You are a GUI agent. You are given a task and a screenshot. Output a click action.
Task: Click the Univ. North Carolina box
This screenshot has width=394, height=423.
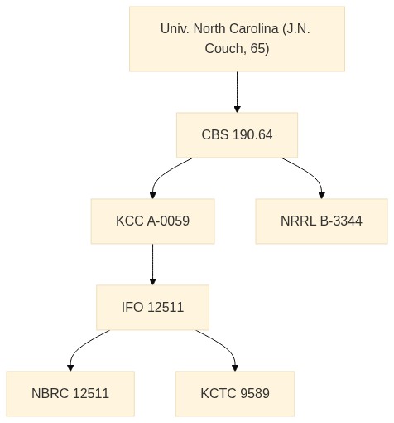point(237,39)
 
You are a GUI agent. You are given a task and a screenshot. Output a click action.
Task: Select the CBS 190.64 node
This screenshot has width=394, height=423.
point(237,135)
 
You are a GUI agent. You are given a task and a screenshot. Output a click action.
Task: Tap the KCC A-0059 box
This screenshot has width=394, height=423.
point(152,221)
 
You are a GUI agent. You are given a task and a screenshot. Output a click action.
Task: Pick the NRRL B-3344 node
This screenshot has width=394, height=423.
point(321,221)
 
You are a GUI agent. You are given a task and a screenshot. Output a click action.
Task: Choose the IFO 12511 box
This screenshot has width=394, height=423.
point(152,308)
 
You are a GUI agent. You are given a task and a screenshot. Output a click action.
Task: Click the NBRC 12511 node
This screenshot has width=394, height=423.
point(70,394)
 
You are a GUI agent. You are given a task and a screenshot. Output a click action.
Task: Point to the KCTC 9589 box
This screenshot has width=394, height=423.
point(235,394)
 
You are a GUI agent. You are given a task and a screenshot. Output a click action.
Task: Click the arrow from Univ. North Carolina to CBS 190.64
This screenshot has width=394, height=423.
point(237,92)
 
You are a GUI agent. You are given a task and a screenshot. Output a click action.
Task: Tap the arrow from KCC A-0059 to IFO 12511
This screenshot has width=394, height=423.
point(152,265)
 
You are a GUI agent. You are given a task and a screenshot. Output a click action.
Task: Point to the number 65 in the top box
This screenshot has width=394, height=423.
point(257,49)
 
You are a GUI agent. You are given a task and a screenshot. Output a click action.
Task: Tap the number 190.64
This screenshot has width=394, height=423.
point(252,135)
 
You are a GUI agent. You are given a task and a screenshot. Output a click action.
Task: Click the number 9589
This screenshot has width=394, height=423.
point(255,394)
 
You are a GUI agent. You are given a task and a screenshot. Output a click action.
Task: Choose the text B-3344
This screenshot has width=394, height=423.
point(341,221)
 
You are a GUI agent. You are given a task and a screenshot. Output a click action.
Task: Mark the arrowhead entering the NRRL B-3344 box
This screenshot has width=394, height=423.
point(321,195)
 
